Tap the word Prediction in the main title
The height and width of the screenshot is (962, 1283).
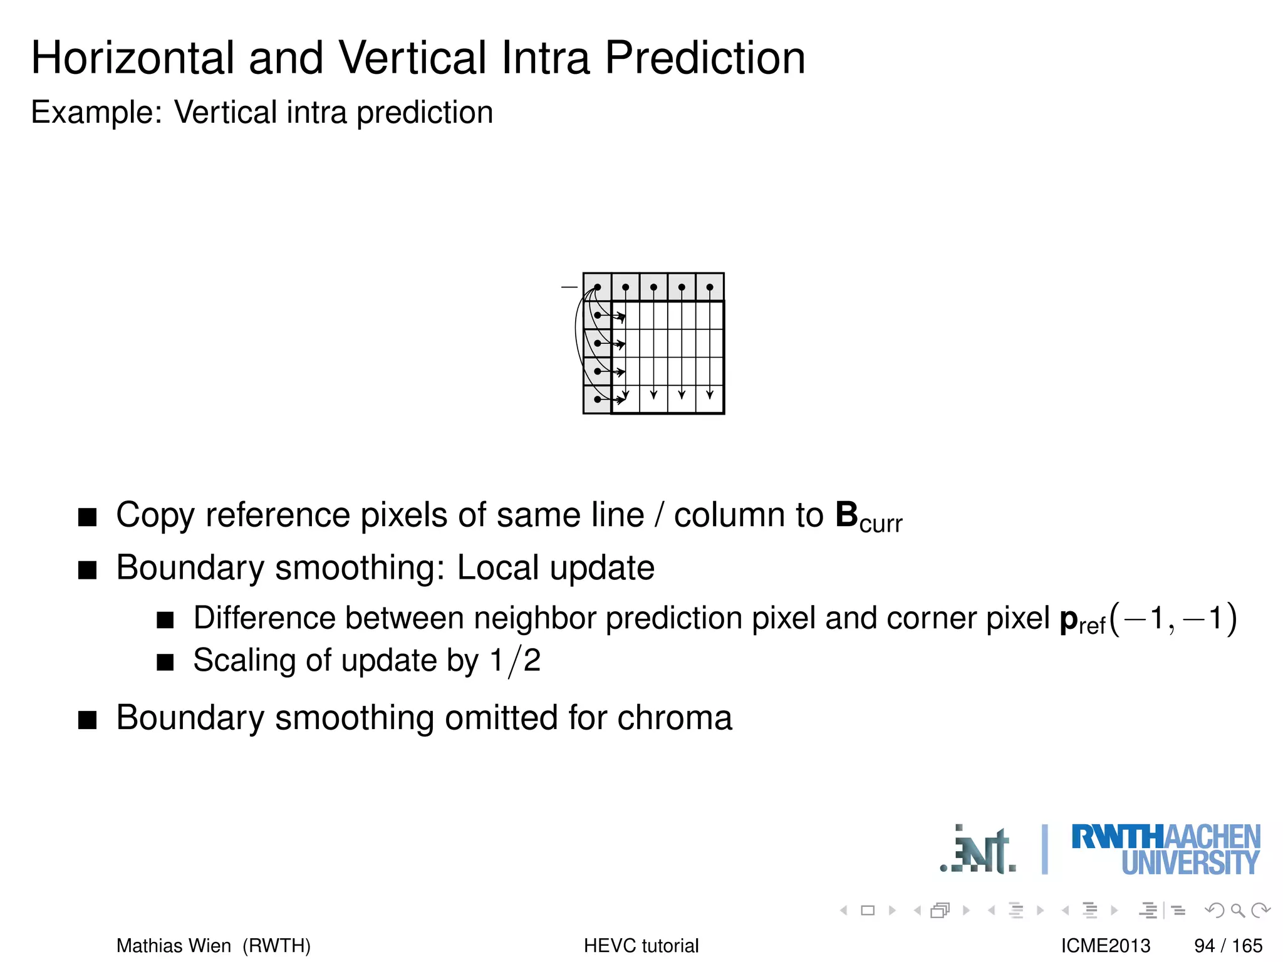pyautogui.click(x=704, y=58)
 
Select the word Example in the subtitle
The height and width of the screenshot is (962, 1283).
pyautogui.click(x=96, y=113)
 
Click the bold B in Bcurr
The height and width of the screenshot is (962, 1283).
pyautogui.click(x=846, y=515)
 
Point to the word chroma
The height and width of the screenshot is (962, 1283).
pyautogui.click(x=674, y=718)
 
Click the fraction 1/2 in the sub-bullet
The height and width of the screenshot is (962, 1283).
pyautogui.click(x=515, y=661)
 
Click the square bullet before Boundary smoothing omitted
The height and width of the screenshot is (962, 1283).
pyautogui.click(x=88, y=720)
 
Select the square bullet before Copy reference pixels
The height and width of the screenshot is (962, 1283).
pyautogui.click(x=88, y=517)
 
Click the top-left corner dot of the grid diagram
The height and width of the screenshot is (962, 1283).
pyautogui.click(x=598, y=287)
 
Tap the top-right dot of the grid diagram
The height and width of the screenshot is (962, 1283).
pyautogui.click(x=710, y=287)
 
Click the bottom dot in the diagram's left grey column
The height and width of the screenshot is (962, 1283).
pyautogui.click(x=598, y=399)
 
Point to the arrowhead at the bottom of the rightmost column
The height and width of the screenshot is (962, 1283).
pyautogui.click(x=710, y=395)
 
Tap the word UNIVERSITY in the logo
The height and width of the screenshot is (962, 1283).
pyautogui.click(x=1190, y=863)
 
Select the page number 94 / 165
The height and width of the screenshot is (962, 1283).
pyautogui.click(x=1228, y=945)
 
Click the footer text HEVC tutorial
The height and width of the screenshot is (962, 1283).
pyautogui.click(x=641, y=945)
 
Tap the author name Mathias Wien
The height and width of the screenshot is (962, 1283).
pyautogui.click(x=174, y=945)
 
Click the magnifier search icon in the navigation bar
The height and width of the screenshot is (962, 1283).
pyautogui.click(x=1237, y=910)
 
